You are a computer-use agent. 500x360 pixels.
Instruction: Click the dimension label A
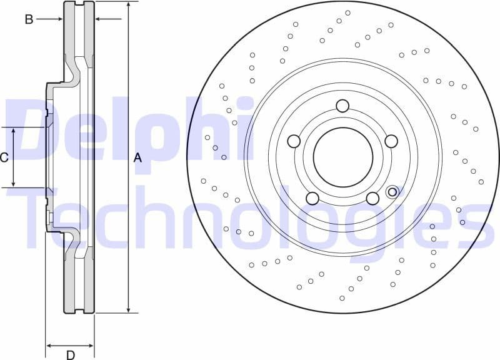[x=137, y=158]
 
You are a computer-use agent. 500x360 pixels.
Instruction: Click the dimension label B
[x=29, y=19]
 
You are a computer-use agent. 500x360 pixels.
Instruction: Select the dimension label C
[x=4, y=157]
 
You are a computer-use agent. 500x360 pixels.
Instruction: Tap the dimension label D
[x=71, y=355]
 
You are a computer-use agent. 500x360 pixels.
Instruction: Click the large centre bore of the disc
[x=342, y=157]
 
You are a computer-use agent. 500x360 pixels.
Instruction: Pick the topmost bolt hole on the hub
[x=342, y=106]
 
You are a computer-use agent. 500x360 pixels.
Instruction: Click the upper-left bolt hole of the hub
[x=294, y=141]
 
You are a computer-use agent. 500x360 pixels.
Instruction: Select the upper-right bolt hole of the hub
[x=391, y=141]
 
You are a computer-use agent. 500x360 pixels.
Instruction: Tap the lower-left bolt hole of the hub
[x=312, y=199]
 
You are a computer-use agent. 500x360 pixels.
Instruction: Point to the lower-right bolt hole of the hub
[x=372, y=199]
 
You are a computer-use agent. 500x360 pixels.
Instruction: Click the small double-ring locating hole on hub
[x=393, y=191]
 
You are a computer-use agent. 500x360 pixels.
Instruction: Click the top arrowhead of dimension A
[x=128, y=5]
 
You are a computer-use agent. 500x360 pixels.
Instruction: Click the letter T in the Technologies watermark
[x=31, y=216]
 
